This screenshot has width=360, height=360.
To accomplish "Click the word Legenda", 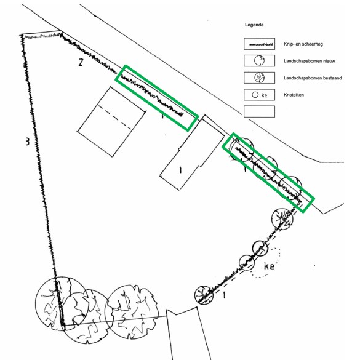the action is tap(254, 25).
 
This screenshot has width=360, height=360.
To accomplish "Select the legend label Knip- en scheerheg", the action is tap(303, 44).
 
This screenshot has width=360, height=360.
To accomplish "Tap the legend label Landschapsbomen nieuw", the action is tap(310, 61).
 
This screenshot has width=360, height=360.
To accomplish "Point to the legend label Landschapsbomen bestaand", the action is tap(313, 78).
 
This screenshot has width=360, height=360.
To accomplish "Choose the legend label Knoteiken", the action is tap(294, 95).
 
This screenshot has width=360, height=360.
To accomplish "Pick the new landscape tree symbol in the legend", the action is tap(259, 61).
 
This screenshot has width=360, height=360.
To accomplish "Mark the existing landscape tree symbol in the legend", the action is tap(260, 78).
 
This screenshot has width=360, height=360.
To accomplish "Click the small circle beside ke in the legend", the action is tap(255, 95).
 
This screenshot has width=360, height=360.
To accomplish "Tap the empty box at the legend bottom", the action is tap(260, 111).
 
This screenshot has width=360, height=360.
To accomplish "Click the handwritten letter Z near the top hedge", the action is tap(81, 62).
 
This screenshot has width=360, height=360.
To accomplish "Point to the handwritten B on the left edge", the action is tap(27, 141).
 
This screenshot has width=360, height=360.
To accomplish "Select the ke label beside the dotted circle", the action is tap(269, 266).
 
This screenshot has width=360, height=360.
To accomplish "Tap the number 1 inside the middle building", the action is tap(180, 170).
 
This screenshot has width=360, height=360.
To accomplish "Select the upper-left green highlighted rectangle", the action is tap(156, 98).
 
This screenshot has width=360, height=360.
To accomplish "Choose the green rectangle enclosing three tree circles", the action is tap(268, 172).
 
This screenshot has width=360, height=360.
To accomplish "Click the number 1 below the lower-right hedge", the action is tap(225, 295).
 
